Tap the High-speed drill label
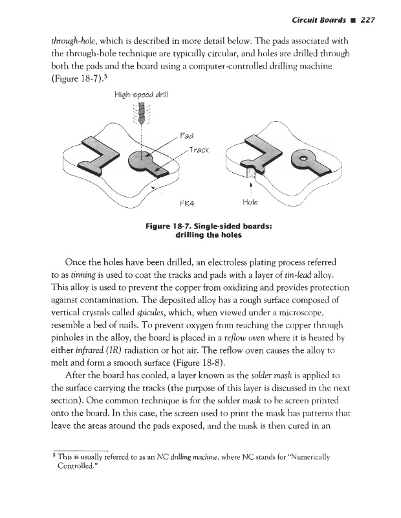(140, 95)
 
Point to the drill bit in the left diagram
(140, 116)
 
